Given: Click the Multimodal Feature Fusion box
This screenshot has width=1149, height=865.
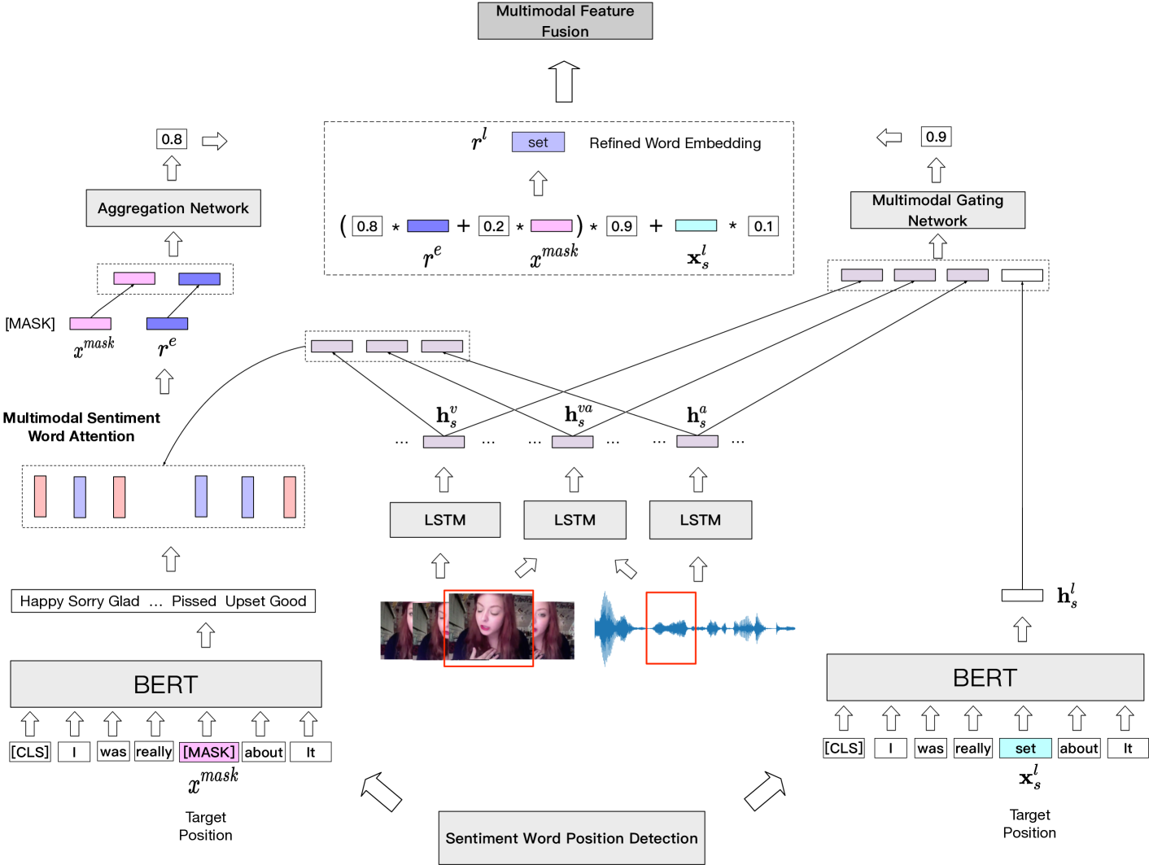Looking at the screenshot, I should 565,21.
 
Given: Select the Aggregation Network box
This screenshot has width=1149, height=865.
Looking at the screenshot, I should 173,208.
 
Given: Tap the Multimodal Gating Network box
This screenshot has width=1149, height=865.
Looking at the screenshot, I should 937,210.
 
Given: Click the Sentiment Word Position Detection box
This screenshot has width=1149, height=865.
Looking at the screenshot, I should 571,838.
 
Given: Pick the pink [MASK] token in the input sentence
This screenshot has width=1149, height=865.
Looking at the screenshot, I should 209,752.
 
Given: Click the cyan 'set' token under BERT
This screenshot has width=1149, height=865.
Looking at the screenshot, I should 1025,748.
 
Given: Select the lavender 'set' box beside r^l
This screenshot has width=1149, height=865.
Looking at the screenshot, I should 538,142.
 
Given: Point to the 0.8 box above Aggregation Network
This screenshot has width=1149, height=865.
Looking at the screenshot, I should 172,139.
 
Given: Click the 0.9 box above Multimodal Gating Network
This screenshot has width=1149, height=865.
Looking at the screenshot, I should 936,137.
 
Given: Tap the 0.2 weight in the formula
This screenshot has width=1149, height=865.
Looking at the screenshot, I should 494,226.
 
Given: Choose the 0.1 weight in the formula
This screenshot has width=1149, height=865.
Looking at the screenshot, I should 763,226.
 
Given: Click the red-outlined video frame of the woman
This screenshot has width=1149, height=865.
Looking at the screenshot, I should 488,628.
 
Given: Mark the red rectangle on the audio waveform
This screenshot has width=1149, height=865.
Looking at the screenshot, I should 671,628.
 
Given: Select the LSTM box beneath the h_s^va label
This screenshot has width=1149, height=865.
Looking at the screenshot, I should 574,520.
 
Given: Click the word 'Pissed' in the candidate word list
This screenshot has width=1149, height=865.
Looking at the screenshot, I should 194,601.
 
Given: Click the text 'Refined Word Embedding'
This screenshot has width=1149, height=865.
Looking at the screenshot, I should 675,143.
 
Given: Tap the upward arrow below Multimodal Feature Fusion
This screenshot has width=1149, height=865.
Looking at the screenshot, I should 564,81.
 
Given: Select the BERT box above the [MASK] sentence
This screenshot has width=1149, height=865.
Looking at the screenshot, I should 166,684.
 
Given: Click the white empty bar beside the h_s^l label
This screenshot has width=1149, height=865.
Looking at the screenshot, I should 1022,596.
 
